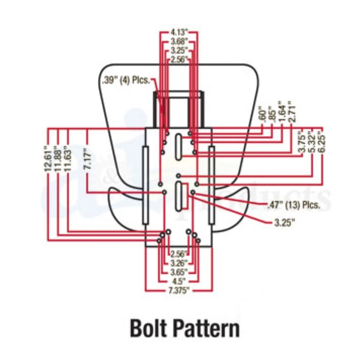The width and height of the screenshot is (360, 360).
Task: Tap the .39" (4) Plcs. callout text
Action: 126,80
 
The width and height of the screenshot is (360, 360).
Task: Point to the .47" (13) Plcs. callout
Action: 293,205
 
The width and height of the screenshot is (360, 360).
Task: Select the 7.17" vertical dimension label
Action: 88,159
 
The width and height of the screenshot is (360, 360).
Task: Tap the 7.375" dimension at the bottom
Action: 178,290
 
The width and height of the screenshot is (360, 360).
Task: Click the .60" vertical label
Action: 264,114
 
